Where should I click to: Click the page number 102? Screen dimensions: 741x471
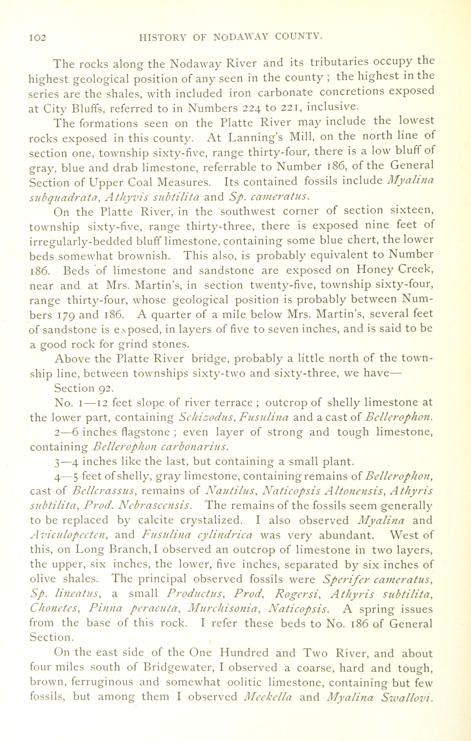pyautogui.click(x=37, y=38)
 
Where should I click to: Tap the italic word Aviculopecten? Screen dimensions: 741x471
pyautogui.click(x=69, y=535)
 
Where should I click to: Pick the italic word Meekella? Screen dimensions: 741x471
pyautogui.click(x=267, y=697)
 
